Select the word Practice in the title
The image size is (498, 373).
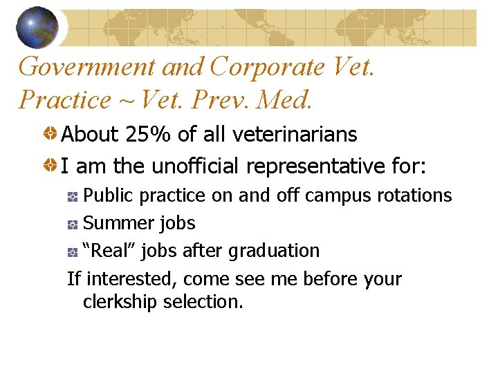click(x=64, y=100)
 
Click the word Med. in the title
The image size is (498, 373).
click(x=284, y=100)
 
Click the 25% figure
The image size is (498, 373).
click(x=148, y=134)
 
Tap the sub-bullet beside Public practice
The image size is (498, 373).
click(x=73, y=198)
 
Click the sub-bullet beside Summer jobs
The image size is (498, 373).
click(x=73, y=225)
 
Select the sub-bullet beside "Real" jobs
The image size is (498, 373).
click(x=73, y=253)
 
